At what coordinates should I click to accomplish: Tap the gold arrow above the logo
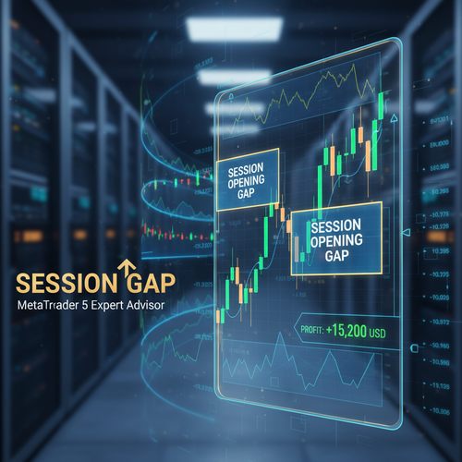[x=122, y=269]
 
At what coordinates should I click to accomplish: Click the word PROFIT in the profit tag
[x=312, y=328]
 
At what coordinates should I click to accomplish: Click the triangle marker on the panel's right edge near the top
[x=393, y=119]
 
